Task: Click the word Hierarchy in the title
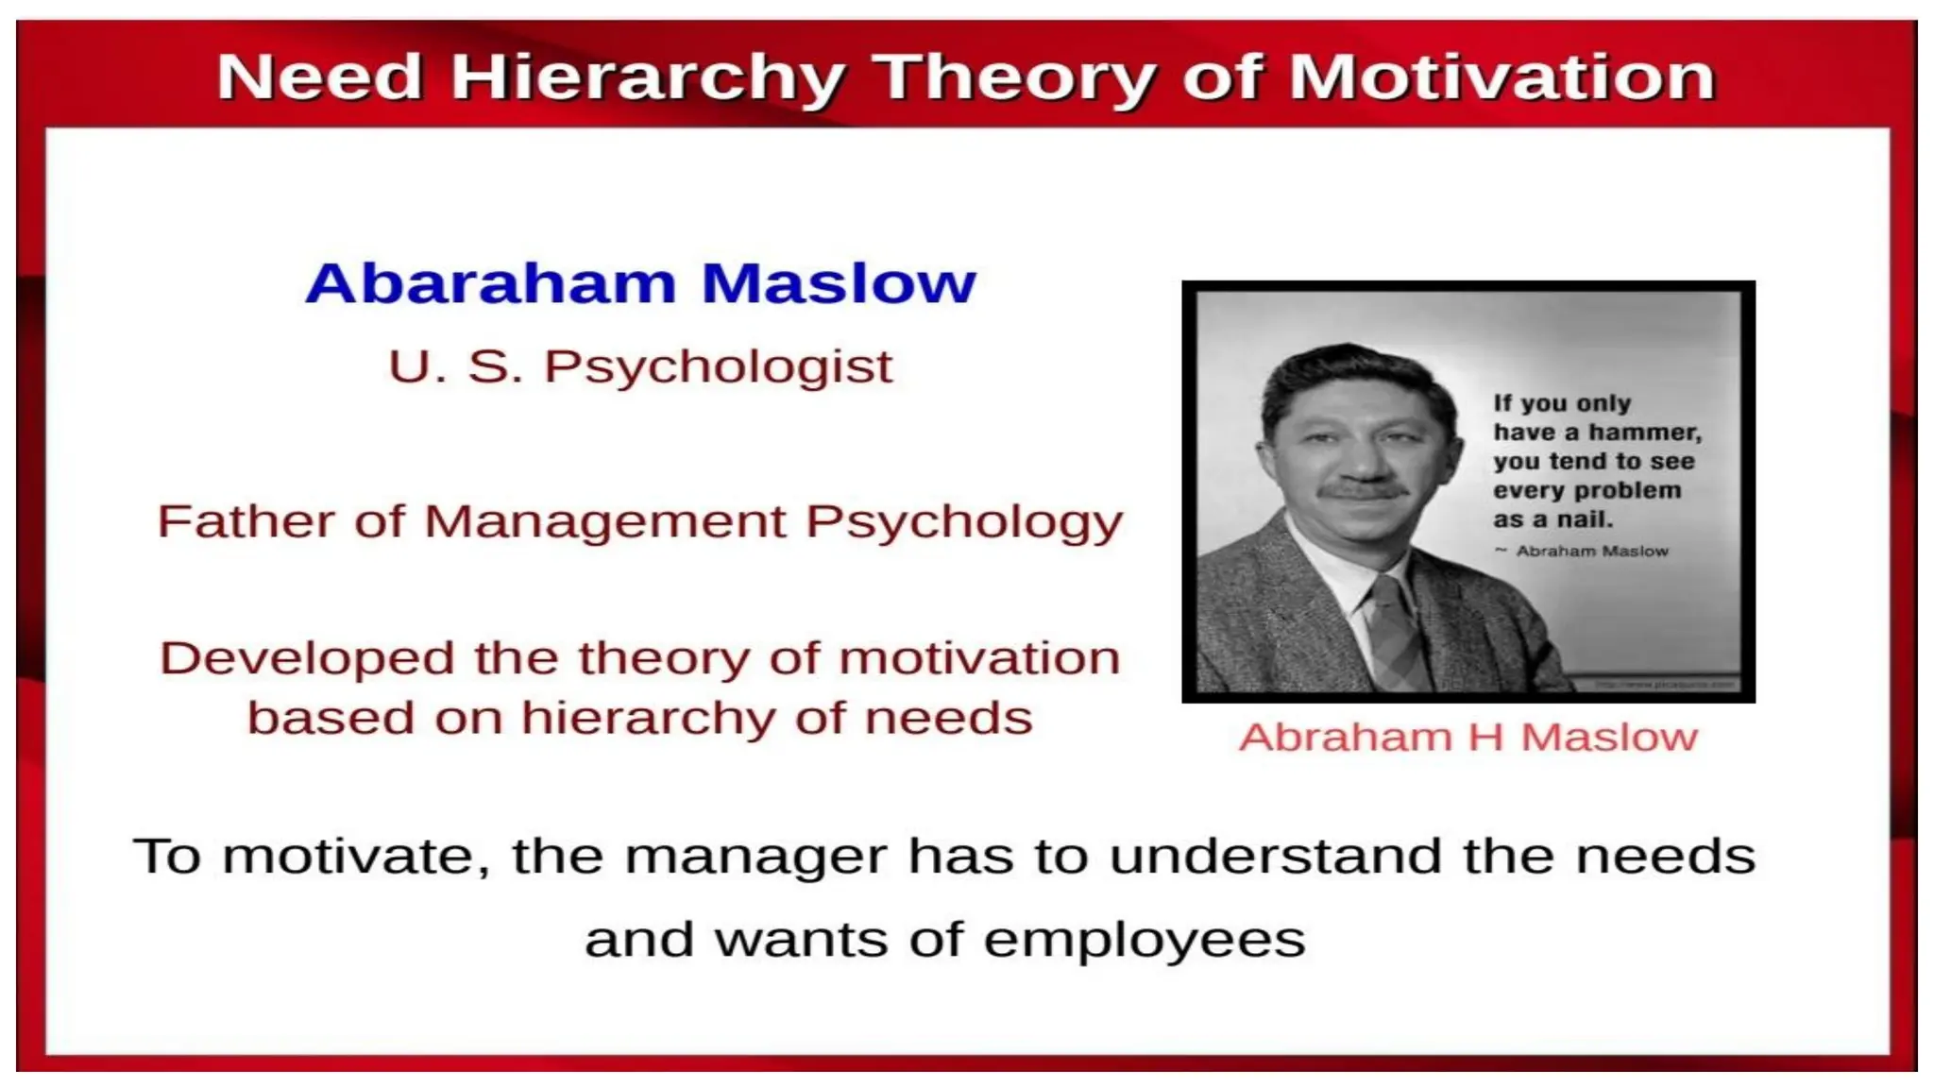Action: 647,77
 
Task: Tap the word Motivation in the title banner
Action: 1501,77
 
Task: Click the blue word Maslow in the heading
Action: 839,283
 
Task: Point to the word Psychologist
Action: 718,368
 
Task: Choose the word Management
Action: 604,521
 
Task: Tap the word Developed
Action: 307,658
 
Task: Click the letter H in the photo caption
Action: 1486,738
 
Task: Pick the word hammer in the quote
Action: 1645,433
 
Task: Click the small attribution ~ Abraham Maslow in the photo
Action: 1582,551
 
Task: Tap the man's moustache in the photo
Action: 1363,491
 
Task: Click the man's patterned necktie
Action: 1395,633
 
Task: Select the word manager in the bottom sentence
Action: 755,857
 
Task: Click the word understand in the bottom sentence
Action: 1275,857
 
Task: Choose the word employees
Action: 1144,941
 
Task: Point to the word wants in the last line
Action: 801,941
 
